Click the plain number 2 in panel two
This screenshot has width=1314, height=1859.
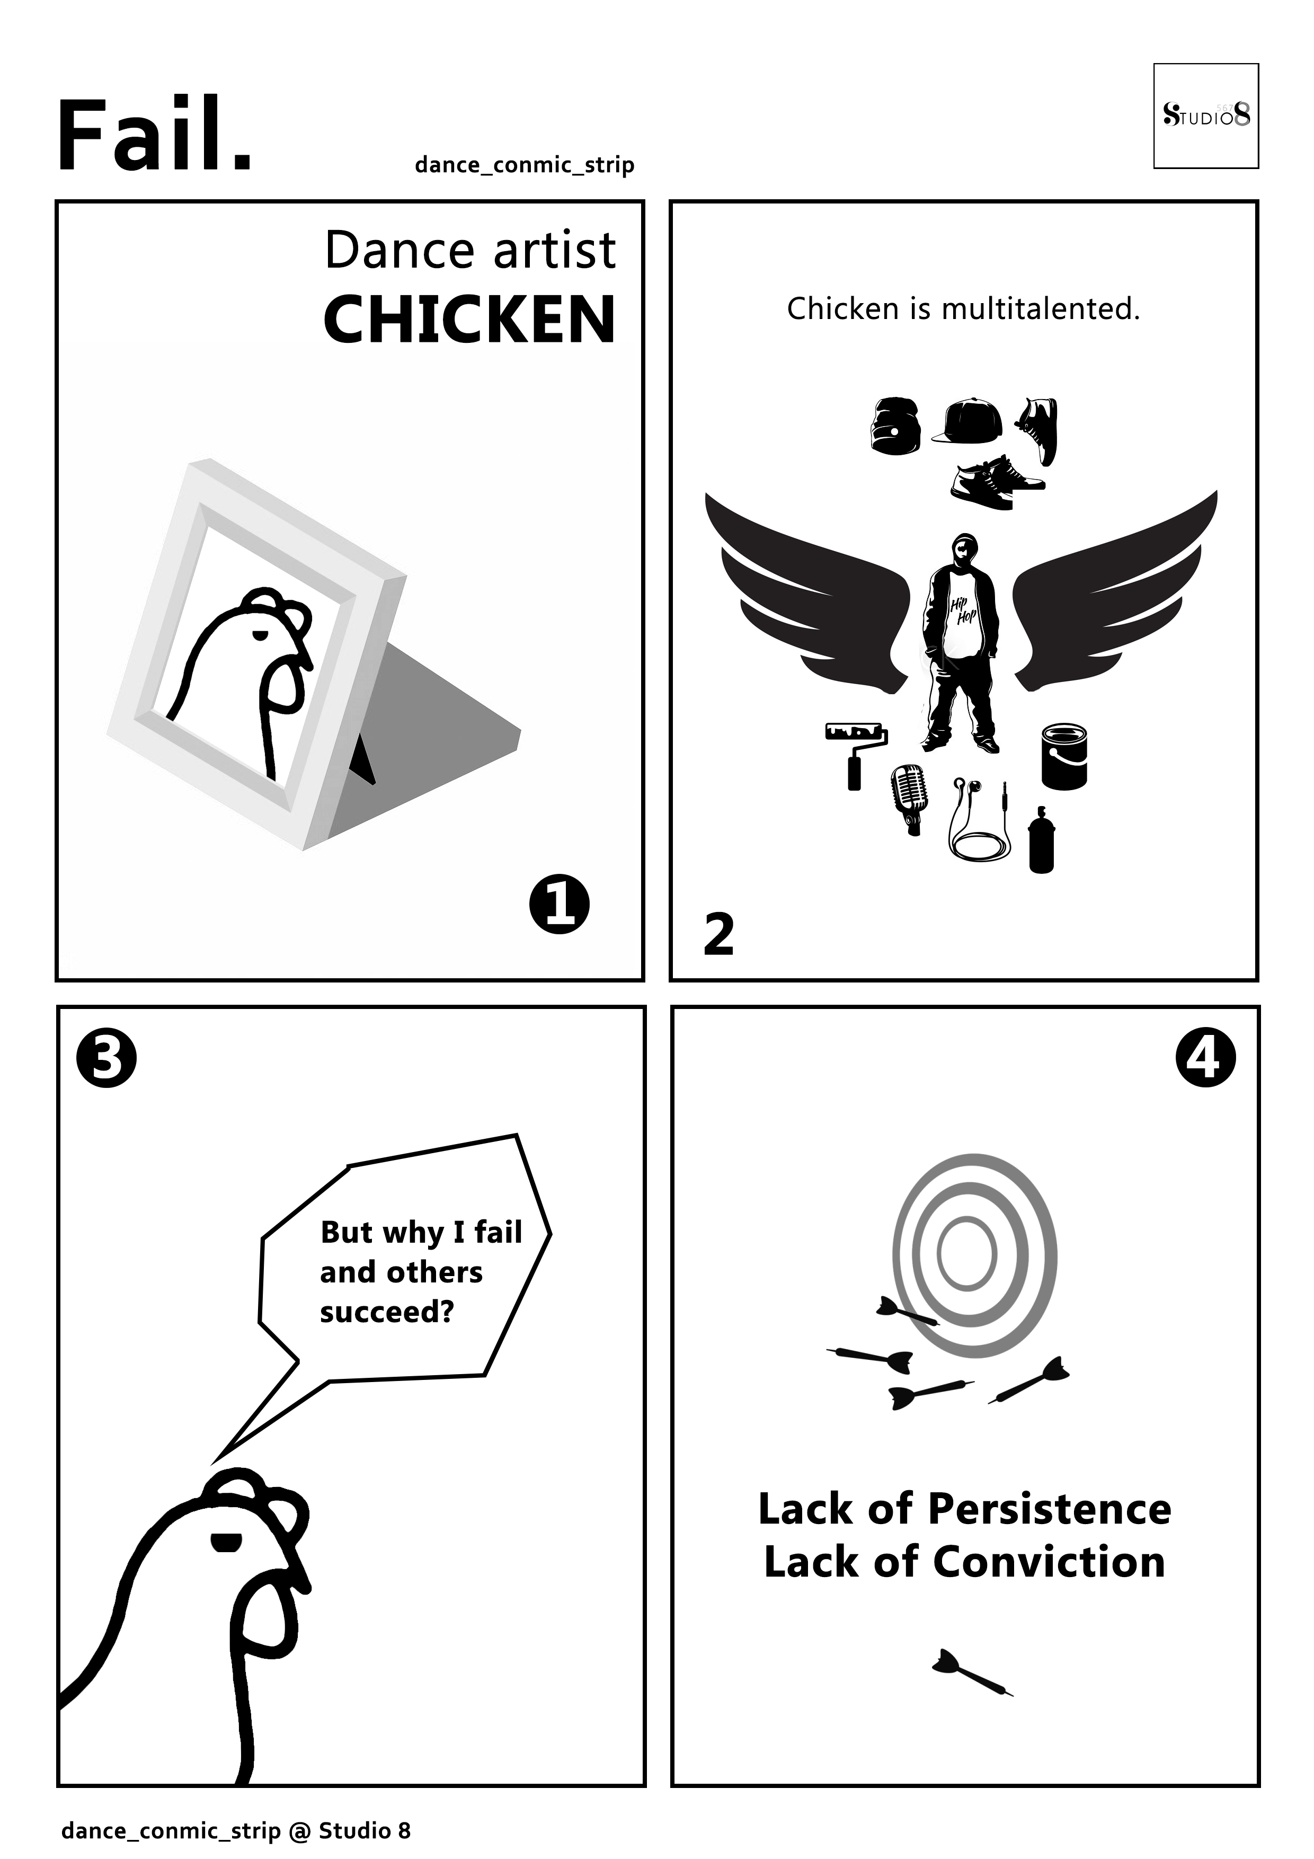[719, 935]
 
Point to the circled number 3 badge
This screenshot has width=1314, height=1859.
[106, 1057]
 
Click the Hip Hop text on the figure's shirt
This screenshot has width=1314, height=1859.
[963, 612]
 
